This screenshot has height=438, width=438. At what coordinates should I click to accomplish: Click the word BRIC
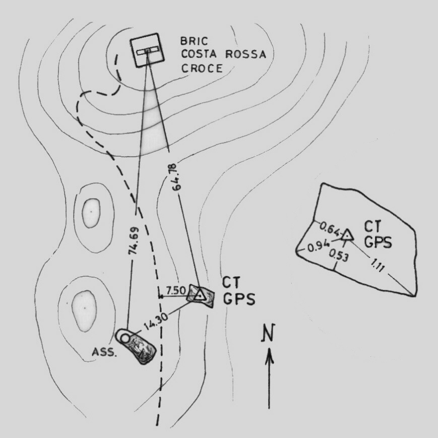point(194,41)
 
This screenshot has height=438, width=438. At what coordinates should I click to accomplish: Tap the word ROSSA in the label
point(245,54)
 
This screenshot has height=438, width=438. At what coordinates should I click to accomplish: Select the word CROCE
point(202,68)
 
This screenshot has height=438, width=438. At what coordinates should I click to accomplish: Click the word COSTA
point(199,54)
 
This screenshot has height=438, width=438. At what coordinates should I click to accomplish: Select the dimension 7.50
point(176,291)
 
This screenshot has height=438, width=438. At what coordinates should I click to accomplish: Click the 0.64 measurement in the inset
point(330,229)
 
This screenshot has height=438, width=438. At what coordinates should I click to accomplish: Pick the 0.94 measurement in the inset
point(319,246)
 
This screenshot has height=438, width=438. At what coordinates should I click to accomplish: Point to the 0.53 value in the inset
point(339,256)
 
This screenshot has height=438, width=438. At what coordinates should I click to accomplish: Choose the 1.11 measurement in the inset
point(378,265)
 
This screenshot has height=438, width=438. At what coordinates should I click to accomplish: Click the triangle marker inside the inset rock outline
point(347,235)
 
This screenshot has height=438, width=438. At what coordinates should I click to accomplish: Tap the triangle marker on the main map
point(200,295)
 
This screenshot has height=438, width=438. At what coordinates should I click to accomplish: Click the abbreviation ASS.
point(104,352)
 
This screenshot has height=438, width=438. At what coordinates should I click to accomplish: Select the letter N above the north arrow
point(268,333)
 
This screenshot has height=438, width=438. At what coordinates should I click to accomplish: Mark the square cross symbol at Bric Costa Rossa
point(147,50)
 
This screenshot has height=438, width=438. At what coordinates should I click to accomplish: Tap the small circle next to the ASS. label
point(124,339)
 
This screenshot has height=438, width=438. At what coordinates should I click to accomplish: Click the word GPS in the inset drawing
point(378,242)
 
